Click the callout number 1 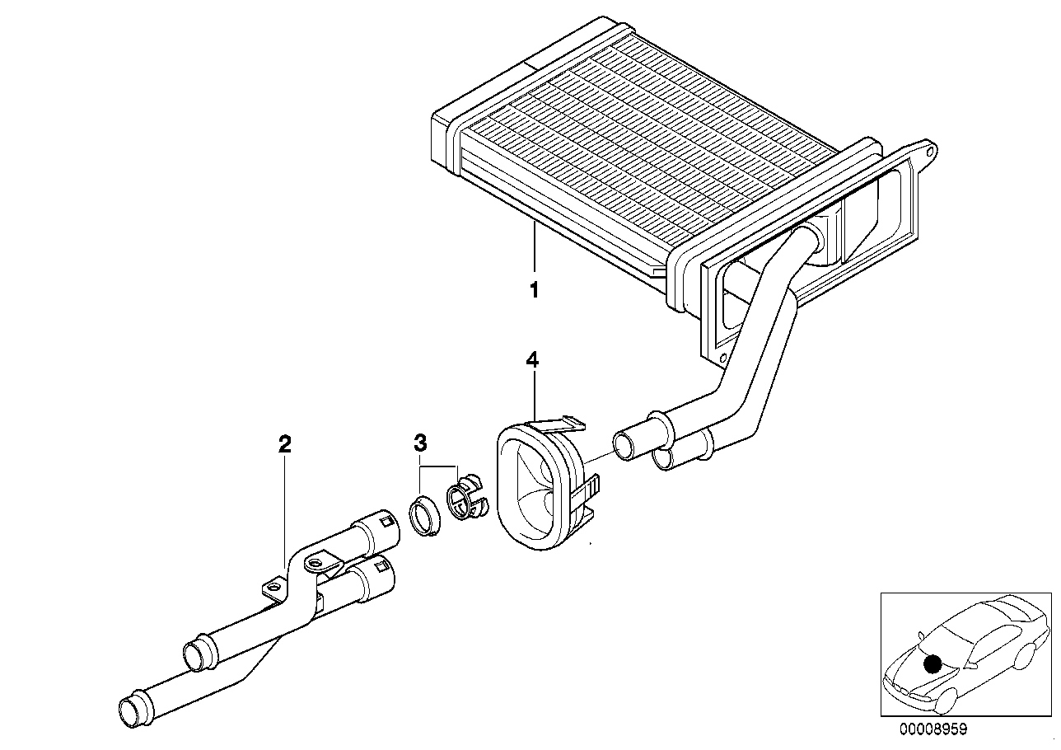pos(534,290)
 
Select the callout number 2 pos(285,445)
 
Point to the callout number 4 pos(533,359)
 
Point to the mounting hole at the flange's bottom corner pos(722,359)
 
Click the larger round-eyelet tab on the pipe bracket pos(315,563)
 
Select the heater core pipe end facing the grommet pos(626,446)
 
